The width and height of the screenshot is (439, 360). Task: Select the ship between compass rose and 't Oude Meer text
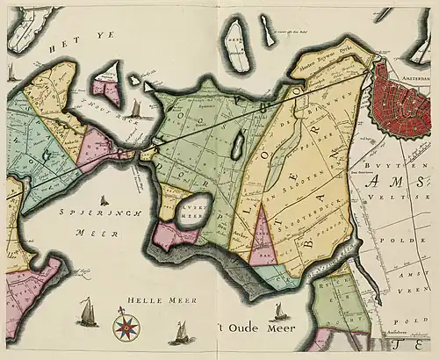(181, 332)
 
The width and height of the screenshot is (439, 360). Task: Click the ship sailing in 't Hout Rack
(136, 109)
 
